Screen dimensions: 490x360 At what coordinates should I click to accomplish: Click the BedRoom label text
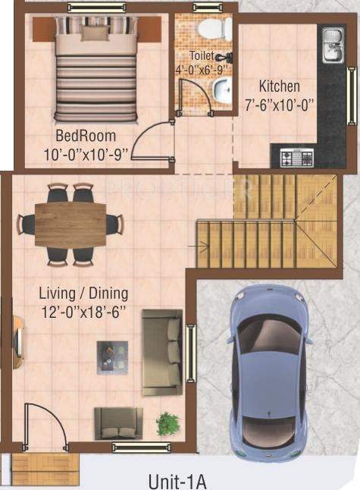click(x=86, y=137)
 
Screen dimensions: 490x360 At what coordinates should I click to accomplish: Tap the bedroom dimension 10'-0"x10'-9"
click(x=86, y=153)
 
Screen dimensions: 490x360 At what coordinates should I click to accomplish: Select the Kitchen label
click(x=279, y=86)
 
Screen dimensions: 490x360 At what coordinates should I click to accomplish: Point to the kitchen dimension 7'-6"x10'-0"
click(x=279, y=103)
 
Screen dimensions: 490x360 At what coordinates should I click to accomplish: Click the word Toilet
click(x=202, y=55)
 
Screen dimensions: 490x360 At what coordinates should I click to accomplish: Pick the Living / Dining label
click(x=83, y=293)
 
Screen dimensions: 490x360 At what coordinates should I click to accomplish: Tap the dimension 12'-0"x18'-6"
click(x=83, y=309)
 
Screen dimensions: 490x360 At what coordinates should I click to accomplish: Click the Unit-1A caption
click(x=178, y=480)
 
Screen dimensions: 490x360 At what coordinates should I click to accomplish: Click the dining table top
click(x=71, y=224)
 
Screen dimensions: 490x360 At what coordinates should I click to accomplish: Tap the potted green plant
click(x=167, y=422)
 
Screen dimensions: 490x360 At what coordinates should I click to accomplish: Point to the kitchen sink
click(x=332, y=46)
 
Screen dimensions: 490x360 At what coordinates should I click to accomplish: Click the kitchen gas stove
click(x=297, y=157)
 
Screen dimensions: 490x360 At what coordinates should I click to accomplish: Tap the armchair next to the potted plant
click(x=117, y=422)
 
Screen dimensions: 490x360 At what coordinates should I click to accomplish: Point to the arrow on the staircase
click(x=203, y=243)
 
